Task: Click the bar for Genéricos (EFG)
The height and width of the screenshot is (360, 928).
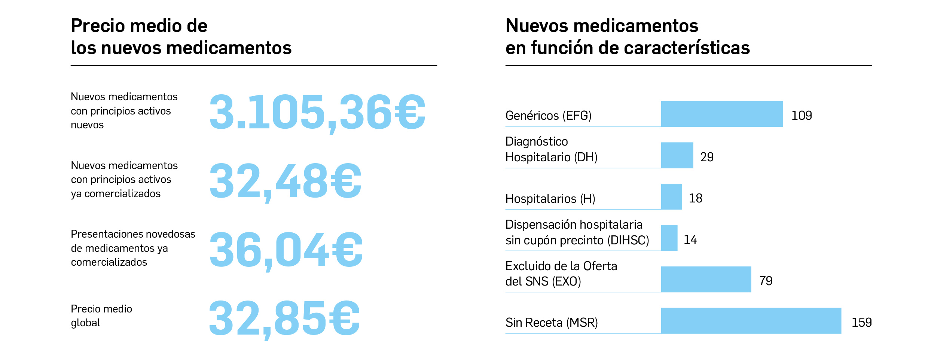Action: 721,114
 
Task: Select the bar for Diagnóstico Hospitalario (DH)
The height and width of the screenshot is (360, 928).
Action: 677,155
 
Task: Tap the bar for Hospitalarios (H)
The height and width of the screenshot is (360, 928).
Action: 671,196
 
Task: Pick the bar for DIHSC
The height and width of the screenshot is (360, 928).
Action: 669,238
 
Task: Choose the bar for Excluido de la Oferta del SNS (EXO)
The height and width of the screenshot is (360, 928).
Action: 706,279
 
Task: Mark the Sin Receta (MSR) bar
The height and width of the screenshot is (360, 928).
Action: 751,321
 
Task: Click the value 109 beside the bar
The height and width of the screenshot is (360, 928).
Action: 802,115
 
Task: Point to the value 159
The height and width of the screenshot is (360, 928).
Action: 861,322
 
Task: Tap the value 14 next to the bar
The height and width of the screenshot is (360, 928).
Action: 690,240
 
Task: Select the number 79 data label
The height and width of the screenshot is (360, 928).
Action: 766,281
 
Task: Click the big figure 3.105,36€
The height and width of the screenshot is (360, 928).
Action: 317,112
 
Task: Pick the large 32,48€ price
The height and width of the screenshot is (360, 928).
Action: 285,181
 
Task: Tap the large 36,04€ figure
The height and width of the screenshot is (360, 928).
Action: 286,250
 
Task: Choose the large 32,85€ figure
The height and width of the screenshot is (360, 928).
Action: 284,319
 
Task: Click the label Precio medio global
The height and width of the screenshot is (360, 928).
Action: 101,315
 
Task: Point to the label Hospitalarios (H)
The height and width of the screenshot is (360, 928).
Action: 550,198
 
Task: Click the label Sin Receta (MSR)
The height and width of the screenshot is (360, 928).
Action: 552,322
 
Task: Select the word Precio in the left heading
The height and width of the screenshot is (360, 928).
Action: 97,26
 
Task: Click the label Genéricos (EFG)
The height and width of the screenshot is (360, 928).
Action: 548,116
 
